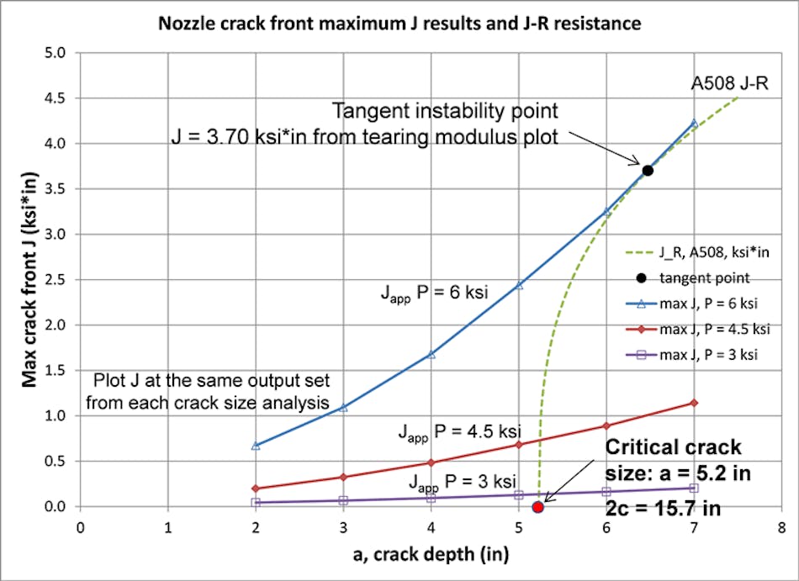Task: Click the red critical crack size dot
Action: click(x=538, y=506)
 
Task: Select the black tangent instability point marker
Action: click(x=648, y=171)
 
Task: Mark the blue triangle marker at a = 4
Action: click(x=431, y=354)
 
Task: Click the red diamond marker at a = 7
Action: click(x=694, y=403)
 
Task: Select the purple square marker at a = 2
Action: click(x=256, y=502)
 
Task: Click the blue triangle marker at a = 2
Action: click(x=256, y=445)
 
